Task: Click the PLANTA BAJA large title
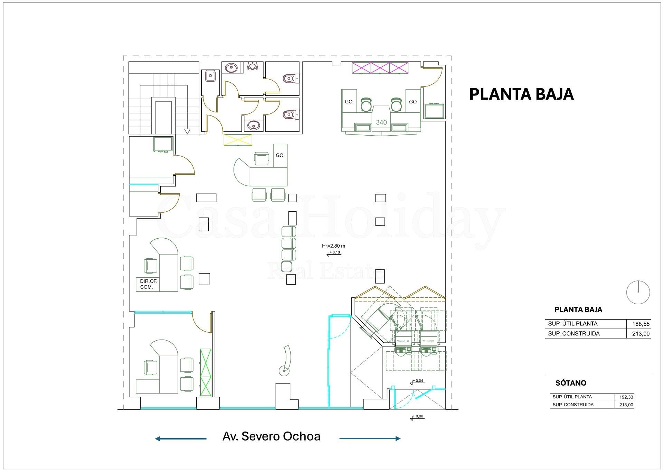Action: (x=521, y=94)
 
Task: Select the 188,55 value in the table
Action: (x=641, y=324)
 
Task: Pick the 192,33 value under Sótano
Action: (x=626, y=397)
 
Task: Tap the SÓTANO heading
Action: (x=570, y=383)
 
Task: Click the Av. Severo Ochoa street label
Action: (x=271, y=436)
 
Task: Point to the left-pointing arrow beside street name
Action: (x=180, y=439)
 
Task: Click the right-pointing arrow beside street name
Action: (x=370, y=438)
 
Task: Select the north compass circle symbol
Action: (x=638, y=293)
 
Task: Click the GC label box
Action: (x=280, y=155)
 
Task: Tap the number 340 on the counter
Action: (x=381, y=122)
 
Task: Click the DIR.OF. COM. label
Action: (x=149, y=284)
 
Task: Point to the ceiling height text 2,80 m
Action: (x=333, y=246)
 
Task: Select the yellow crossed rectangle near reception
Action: (x=238, y=140)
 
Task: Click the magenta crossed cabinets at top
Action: (x=380, y=68)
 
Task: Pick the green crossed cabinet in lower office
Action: (x=206, y=372)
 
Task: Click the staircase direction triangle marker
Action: (x=187, y=131)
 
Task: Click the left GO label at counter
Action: (x=349, y=102)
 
